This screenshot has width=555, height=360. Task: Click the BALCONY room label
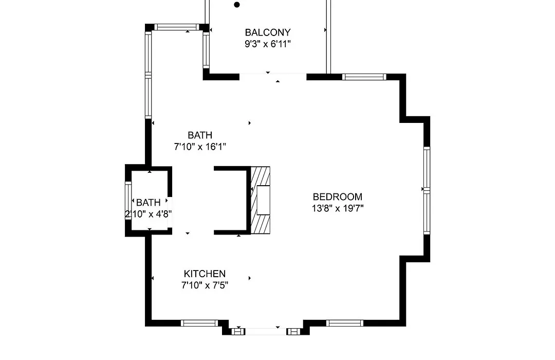tap(268, 32)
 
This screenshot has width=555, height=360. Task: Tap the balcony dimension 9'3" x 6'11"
tap(268, 44)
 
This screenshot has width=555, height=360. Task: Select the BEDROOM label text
tap(337, 196)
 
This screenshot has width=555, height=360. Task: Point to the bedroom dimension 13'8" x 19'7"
tap(337, 208)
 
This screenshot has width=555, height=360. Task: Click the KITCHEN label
tap(205, 274)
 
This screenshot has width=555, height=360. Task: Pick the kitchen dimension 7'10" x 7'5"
tap(205, 285)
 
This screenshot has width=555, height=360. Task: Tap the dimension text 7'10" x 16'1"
tap(200, 147)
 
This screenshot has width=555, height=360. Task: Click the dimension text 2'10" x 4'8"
tap(149, 214)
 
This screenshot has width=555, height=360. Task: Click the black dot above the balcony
tap(237, 5)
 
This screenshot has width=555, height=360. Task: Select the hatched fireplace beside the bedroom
tap(261, 200)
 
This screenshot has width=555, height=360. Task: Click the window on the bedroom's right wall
tap(427, 191)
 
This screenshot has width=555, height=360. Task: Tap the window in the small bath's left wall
tap(128, 201)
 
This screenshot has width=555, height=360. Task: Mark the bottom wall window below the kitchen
tap(199, 323)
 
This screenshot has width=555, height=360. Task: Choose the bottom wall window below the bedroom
tap(345, 323)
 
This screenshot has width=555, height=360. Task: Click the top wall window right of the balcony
tap(364, 77)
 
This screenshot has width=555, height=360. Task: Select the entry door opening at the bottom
tap(266, 332)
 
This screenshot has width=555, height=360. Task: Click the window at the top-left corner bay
tap(177, 27)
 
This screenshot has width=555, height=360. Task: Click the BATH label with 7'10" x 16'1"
tap(200, 135)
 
